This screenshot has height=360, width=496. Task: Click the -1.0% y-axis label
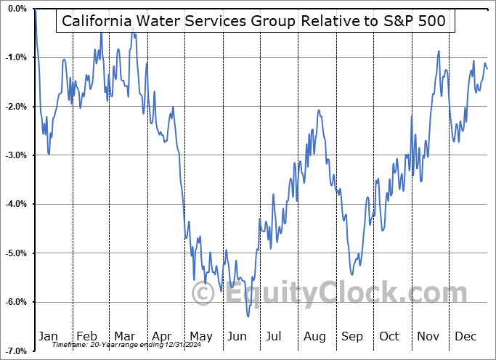tap(16, 57)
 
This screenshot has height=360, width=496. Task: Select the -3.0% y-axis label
tap(16, 155)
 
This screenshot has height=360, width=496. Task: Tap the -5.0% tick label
tap(16, 253)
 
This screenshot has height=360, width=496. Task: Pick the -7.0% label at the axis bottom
tap(16, 351)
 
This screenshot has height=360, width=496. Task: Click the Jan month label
tap(48, 336)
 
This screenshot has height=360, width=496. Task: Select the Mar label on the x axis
tap(125, 336)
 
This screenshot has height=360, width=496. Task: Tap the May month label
tap(200, 336)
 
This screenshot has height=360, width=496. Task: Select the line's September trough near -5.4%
tap(352, 274)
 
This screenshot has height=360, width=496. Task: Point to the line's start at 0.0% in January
tap(35, 9)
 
